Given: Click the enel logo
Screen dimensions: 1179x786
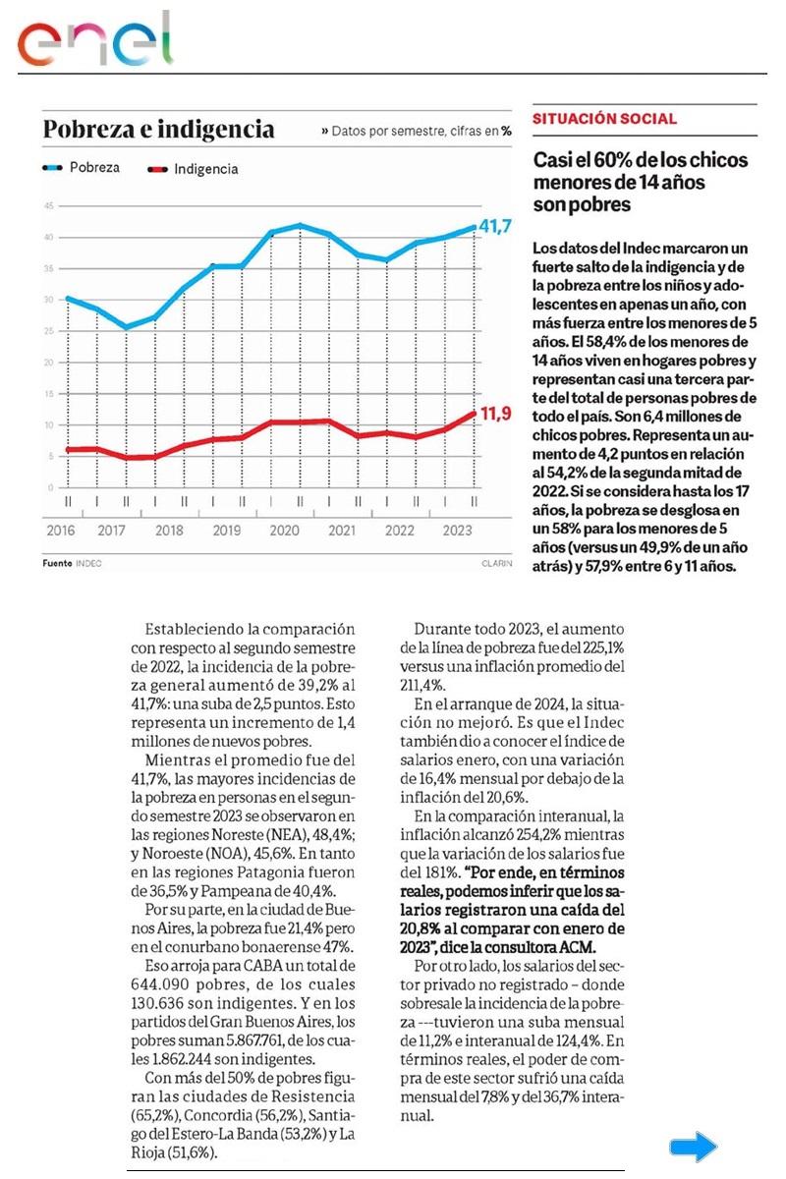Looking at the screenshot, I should (94, 41).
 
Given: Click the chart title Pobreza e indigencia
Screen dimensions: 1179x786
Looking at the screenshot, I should (158, 130).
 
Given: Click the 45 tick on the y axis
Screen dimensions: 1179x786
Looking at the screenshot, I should (48, 205).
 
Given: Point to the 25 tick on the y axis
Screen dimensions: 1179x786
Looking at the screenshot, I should (48, 331).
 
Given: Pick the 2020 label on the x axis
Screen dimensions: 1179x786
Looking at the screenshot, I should (284, 531).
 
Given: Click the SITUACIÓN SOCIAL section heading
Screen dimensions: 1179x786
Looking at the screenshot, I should (604, 119).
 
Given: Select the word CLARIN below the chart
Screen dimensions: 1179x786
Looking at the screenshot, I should (496, 564).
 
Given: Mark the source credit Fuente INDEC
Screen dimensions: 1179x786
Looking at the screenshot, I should (72, 564).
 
